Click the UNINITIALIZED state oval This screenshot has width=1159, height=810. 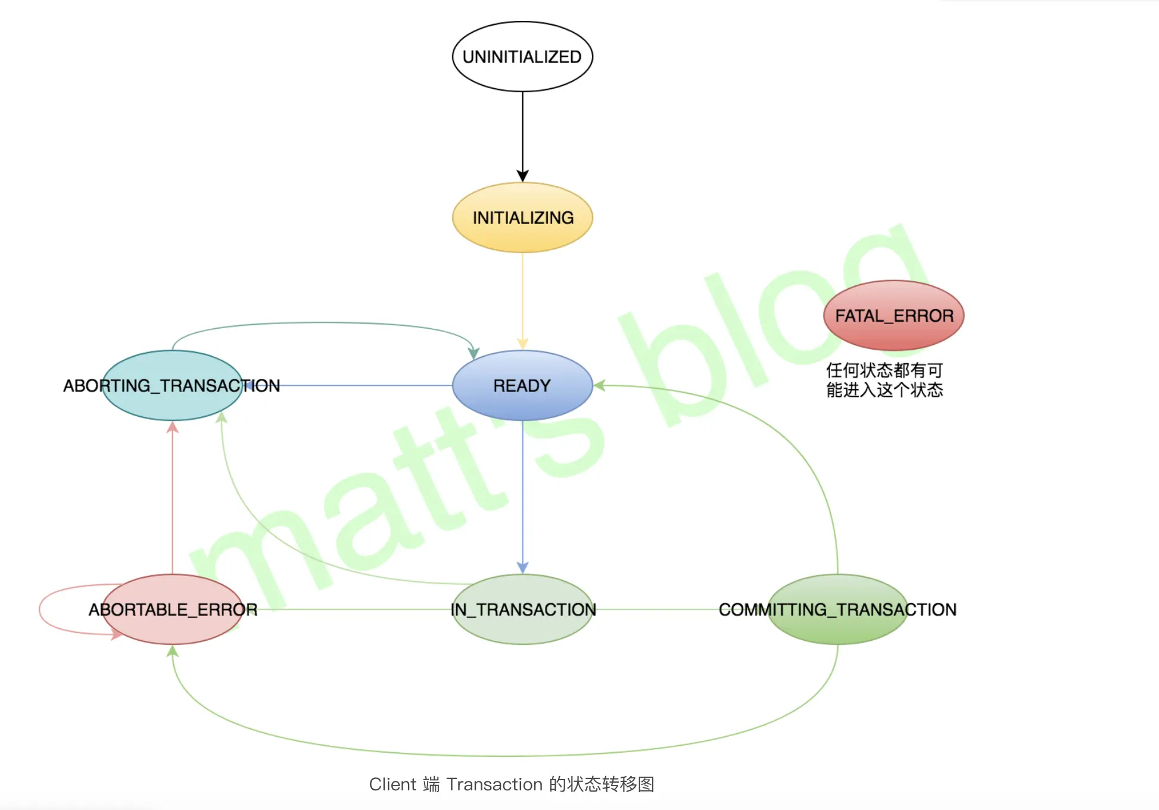pyautogui.click(x=522, y=57)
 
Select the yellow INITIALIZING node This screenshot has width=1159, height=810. pyautogui.click(x=522, y=217)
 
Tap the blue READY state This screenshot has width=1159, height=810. pyautogui.click(x=522, y=385)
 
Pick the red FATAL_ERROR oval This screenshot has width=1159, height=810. pyautogui.click(x=893, y=315)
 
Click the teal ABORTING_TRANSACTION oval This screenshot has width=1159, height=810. pyautogui.click(x=172, y=385)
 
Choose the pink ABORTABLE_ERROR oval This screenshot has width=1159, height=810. pyautogui.click(x=172, y=609)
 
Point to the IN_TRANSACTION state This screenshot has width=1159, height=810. pyautogui.click(x=522, y=609)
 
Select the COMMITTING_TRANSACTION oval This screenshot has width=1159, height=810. pyautogui.click(x=837, y=609)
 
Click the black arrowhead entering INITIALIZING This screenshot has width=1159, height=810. pyautogui.click(x=522, y=176)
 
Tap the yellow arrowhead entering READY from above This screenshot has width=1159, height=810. pyautogui.click(x=522, y=344)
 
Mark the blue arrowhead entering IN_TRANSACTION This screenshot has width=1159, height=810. pyautogui.click(x=522, y=567)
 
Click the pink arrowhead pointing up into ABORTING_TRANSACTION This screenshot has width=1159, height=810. pyautogui.click(x=172, y=427)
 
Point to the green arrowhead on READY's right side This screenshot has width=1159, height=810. pyautogui.click(x=600, y=385)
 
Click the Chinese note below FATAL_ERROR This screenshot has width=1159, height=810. pyautogui.click(x=884, y=380)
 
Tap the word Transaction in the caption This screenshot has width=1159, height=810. pyautogui.click(x=494, y=784)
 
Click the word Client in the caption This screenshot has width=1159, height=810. pyautogui.click(x=392, y=784)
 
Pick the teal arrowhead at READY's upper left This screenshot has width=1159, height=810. pyautogui.click(x=473, y=353)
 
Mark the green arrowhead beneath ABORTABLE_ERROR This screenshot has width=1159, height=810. pyautogui.click(x=172, y=652)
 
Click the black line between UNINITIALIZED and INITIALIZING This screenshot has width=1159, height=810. pyautogui.click(x=522, y=131)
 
